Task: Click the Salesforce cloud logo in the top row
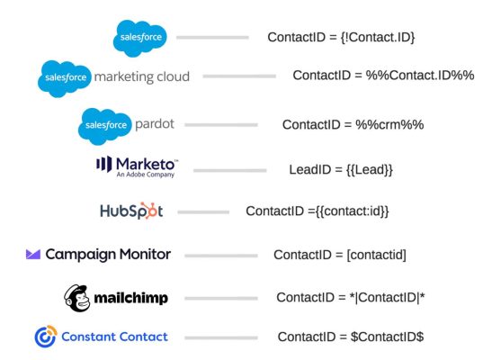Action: (x=140, y=38)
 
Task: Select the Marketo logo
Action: (x=137, y=166)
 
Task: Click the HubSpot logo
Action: (x=131, y=211)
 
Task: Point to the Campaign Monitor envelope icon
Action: (x=32, y=255)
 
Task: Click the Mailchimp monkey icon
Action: (x=76, y=297)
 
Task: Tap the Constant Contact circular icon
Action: (x=45, y=337)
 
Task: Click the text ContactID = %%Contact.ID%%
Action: (x=382, y=76)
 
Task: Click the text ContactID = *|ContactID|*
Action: (x=350, y=297)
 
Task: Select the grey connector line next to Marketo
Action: (x=229, y=169)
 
